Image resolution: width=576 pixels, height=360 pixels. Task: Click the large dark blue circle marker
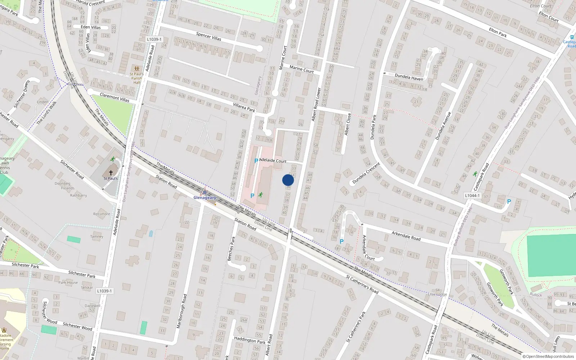[x=288, y=180]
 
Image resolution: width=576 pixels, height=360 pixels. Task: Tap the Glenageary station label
[x=205, y=198]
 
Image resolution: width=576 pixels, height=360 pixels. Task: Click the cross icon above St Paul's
[x=111, y=173]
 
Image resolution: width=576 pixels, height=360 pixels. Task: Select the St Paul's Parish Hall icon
[x=136, y=69]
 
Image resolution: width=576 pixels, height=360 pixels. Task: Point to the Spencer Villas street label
[x=208, y=36]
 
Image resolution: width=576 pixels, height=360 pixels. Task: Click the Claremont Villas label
[x=114, y=98]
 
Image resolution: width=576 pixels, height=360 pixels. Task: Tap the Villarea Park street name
[x=244, y=107]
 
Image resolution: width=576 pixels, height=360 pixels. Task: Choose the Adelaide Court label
[x=273, y=161]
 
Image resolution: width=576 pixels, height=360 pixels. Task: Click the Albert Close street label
[x=347, y=124]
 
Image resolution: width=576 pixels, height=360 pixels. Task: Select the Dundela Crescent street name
[x=366, y=173]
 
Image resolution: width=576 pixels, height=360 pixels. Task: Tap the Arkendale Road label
[x=406, y=236]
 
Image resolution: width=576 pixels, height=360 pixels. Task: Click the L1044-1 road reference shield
[x=472, y=195]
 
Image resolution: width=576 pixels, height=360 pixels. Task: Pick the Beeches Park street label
[x=231, y=248]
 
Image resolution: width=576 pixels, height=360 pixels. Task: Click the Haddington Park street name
[x=249, y=340]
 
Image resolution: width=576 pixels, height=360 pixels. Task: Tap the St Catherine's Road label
[x=362, y=284]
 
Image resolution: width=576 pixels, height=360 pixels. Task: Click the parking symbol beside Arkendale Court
[x=342, y=242]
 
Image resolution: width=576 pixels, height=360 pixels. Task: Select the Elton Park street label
[x=498, y=33]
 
